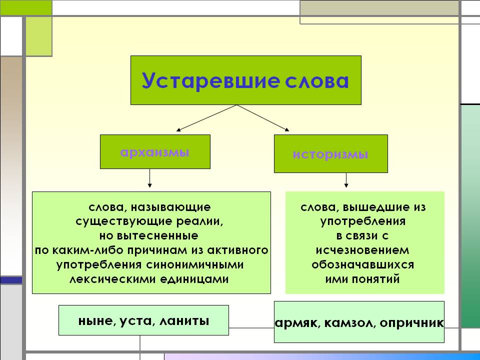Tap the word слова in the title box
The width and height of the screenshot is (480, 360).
314,80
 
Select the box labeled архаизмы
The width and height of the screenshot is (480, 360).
155,151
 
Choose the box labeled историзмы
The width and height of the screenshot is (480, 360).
330,154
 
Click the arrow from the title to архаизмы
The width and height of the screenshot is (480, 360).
205,118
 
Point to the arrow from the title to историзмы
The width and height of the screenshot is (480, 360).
263,118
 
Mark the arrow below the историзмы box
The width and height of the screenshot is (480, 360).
345,181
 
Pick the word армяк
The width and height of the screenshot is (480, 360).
297,323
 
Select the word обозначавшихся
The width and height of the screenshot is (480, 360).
362,264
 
